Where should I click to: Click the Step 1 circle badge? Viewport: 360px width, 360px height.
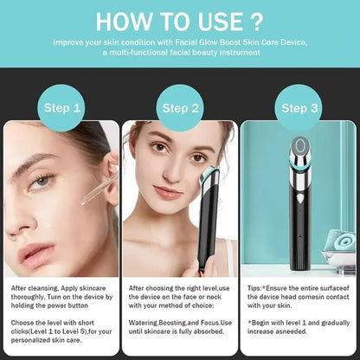coord(61,108)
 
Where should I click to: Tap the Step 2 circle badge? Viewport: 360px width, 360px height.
coord(180,108)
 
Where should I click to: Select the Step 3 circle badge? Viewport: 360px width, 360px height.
coord(299,108)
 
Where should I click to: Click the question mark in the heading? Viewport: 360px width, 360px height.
coord(255,22)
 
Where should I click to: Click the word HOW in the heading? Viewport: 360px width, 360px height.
coord(125,22)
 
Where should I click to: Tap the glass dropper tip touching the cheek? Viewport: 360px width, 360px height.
coord(84,202)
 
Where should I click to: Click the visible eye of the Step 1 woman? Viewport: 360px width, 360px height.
coord(42,182)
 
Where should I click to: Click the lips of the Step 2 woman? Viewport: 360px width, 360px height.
coord(168,192)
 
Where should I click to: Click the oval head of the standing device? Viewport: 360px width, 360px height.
coord(300,145)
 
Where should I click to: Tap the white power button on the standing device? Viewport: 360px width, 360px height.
coord(300,198)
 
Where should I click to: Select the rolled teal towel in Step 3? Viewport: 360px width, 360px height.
coord(340,240)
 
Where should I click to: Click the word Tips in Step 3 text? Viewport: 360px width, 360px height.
coord(254,288)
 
